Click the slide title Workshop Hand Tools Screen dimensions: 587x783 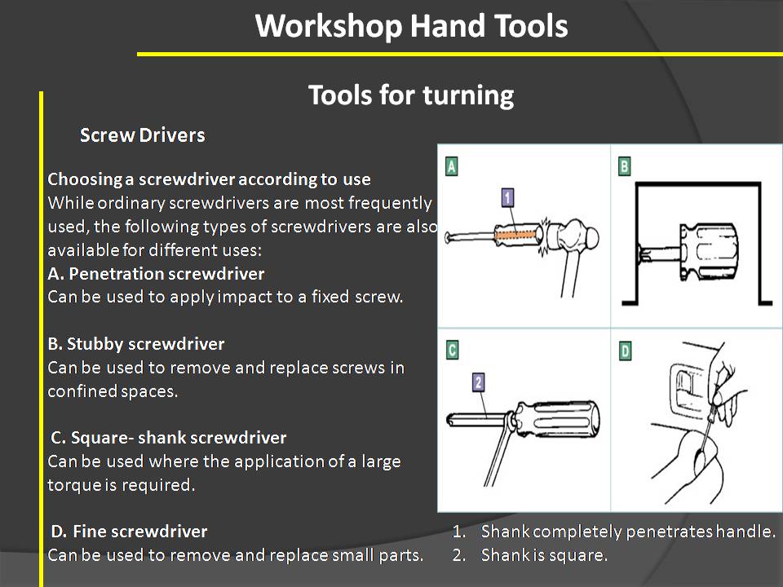411,26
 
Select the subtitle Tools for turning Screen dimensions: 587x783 411,95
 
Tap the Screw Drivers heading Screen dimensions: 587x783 142,135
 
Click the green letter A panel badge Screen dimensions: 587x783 451,167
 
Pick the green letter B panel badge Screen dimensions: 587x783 625,167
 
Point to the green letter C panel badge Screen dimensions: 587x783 451,351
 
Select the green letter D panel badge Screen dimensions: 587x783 625,351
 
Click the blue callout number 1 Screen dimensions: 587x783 507,196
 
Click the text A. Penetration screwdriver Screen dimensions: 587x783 156,273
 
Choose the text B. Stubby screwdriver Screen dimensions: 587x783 136,344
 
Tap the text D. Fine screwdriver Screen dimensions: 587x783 129,532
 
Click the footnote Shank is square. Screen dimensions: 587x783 544,556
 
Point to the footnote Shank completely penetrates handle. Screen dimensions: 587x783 627,532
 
